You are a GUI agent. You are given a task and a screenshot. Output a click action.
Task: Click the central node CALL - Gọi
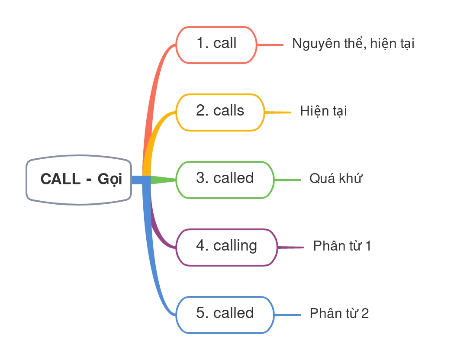pos(79,180)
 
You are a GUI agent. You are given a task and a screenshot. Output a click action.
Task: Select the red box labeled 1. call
pos(216,45)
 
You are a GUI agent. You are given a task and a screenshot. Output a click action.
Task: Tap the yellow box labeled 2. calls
pos(220,112)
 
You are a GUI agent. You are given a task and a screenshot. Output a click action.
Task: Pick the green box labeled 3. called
pos(225,180)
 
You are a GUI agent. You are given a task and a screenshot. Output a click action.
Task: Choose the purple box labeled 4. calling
pos(226,247)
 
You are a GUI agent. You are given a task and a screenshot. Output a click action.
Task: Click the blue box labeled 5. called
pos(225,315)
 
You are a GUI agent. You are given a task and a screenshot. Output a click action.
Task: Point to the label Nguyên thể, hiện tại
pos(353,44)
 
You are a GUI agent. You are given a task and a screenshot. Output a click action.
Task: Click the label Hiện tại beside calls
pos(323,111)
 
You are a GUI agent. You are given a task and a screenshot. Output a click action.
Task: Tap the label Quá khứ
pos(335,179)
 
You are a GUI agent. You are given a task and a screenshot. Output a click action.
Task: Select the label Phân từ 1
pos(342,246)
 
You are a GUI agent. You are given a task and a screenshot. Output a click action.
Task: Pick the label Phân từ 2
pos(339,314)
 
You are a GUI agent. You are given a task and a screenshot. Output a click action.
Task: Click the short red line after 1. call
pos(270,45)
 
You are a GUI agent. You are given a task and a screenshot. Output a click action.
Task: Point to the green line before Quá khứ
pos(288,180)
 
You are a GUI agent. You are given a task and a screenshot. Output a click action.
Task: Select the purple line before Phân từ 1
pos(291,247)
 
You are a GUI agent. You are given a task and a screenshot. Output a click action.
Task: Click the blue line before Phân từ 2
pos(288,315)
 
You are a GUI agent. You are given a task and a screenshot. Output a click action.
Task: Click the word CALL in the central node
pos(60,179)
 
